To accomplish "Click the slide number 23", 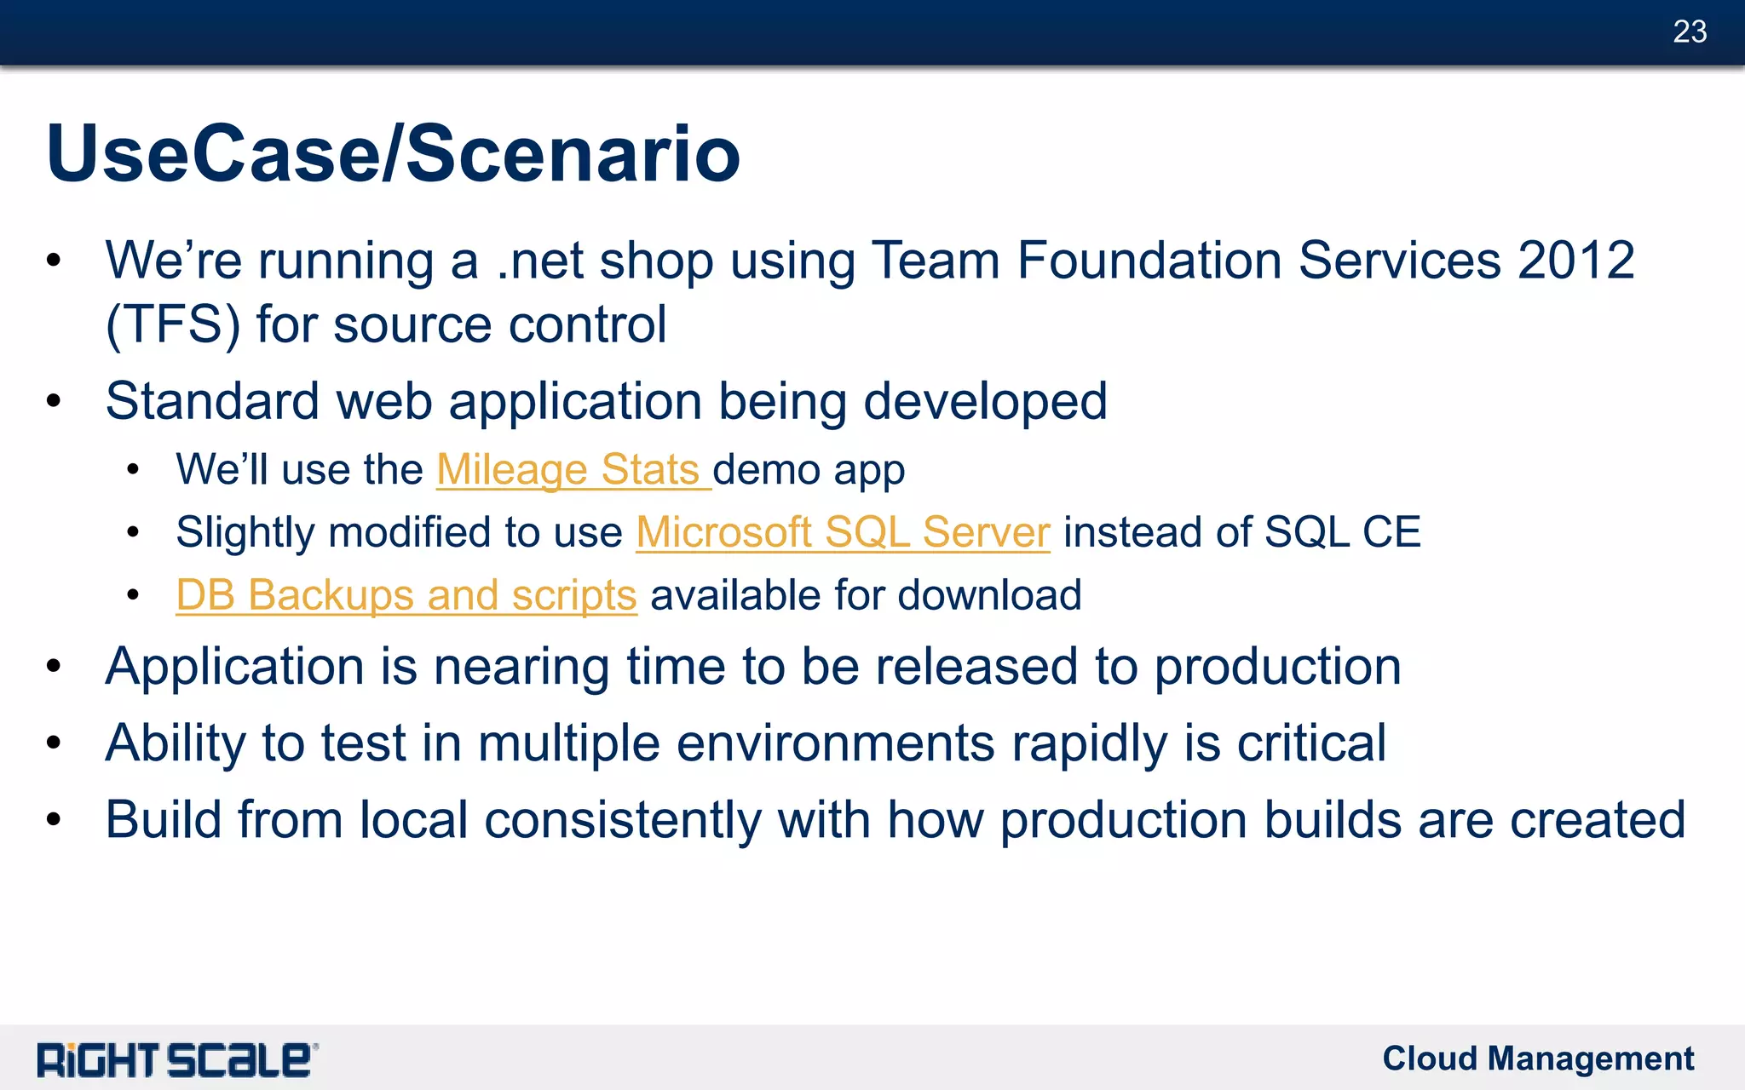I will point(1690,32).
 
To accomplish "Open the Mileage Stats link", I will point(568,470).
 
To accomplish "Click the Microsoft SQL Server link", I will point(843,532).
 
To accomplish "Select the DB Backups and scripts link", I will point(406,595).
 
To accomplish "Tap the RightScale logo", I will point(177,1060).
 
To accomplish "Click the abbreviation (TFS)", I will point(173,325).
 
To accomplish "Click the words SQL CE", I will point(1343,532).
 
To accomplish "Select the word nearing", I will point(521,667).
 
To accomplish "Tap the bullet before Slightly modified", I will point(133,533).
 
